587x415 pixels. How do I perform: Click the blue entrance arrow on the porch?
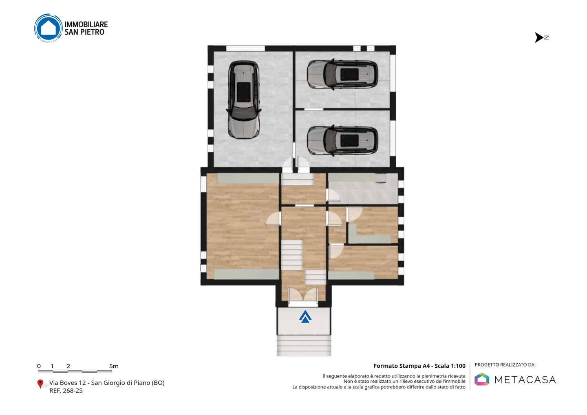click(305, 316)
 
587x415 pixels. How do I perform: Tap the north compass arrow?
click(539, 38)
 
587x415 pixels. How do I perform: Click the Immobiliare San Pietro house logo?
click(49, 28)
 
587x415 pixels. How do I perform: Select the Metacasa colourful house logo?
click(482, 379)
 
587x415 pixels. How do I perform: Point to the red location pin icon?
click(40, 384)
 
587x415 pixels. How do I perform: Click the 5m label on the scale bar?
click(114, 366)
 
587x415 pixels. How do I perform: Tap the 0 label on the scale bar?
click(39, 366)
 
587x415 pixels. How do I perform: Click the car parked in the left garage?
click(244, 99)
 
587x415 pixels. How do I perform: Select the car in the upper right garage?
click(342, 75)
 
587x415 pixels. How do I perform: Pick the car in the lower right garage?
click(342, 140)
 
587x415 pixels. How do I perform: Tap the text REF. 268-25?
click(66, 391)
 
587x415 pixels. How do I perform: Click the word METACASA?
click(525, 380)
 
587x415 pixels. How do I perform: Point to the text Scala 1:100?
click(450, 366)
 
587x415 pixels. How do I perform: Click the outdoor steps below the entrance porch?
click(304, 346)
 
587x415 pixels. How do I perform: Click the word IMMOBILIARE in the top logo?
click(86, 24)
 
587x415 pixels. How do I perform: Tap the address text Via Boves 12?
click(68, 383)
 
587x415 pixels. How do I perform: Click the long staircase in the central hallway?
click(292, 255)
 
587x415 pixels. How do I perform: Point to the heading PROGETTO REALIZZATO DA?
click(505, 365)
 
